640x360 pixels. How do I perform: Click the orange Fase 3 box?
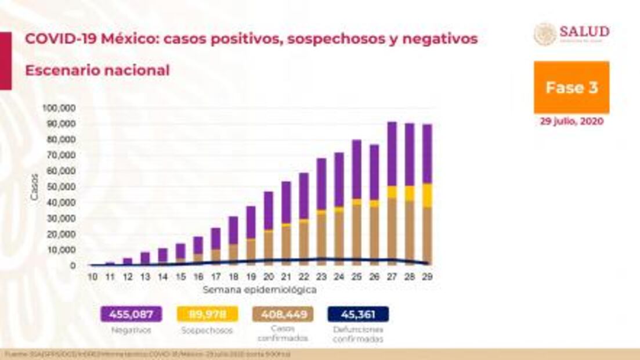(571, 88)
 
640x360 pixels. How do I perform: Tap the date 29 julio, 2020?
(572, 122)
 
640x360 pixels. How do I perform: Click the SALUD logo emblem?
(545, 34)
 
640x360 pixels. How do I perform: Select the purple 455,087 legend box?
(131, 315)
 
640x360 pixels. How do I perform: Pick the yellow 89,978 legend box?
(207, 315)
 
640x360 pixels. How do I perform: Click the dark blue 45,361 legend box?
(357, 315)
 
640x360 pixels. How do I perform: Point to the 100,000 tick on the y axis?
(60, 109)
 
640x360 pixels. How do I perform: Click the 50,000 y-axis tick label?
(62, 187)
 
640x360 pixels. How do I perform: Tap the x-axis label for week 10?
(92, 277)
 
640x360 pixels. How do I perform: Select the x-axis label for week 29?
(428, 277)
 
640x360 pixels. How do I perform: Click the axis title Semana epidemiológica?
(259, 289)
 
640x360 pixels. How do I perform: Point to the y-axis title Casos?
(34, 187)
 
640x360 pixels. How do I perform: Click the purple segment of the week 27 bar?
(392, 154)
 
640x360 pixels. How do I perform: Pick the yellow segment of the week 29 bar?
(427, 196)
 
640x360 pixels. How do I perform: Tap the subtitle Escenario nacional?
(97, 71)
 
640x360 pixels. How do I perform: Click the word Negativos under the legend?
(131, 330)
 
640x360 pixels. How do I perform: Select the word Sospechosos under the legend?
(207, 330)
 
